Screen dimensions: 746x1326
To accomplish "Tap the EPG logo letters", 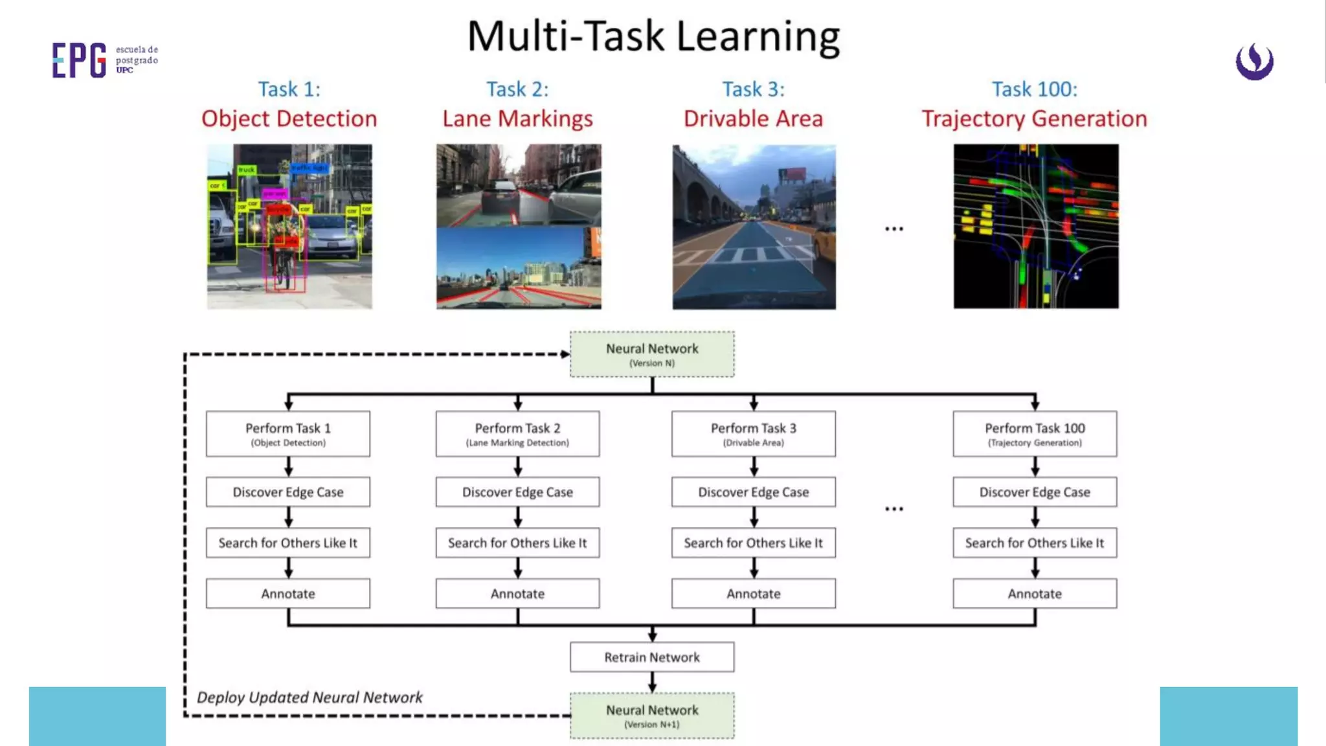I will click(79, 60).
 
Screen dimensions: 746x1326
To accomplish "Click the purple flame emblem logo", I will click(1254, 62).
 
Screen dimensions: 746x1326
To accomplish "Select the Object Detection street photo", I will click(289, 226).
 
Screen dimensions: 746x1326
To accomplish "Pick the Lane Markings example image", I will click(518, 226).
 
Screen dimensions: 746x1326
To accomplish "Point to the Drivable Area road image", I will click(754, 226).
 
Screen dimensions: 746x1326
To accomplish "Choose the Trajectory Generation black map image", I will click(1035, 226).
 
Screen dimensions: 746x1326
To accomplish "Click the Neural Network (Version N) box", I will click(652, 354).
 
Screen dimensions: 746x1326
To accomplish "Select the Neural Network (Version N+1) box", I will click(652, 716).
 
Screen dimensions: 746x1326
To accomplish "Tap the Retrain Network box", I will click(652, 657).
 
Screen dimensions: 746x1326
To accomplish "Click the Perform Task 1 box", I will click(288, 434).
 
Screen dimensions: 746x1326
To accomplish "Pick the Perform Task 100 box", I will click(1035, 434).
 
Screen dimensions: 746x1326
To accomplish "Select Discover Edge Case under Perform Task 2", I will click(517, 492).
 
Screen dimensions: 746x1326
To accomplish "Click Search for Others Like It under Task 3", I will click(753, 543).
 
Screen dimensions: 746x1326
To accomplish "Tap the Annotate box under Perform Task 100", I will click(1035, 593).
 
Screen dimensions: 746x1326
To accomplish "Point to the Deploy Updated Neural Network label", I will click(309, 697).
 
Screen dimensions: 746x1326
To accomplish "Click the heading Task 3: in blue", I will click(753, 89).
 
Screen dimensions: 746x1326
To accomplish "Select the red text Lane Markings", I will click(517, 119).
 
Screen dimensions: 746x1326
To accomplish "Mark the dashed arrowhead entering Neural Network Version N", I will click(565, 354).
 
